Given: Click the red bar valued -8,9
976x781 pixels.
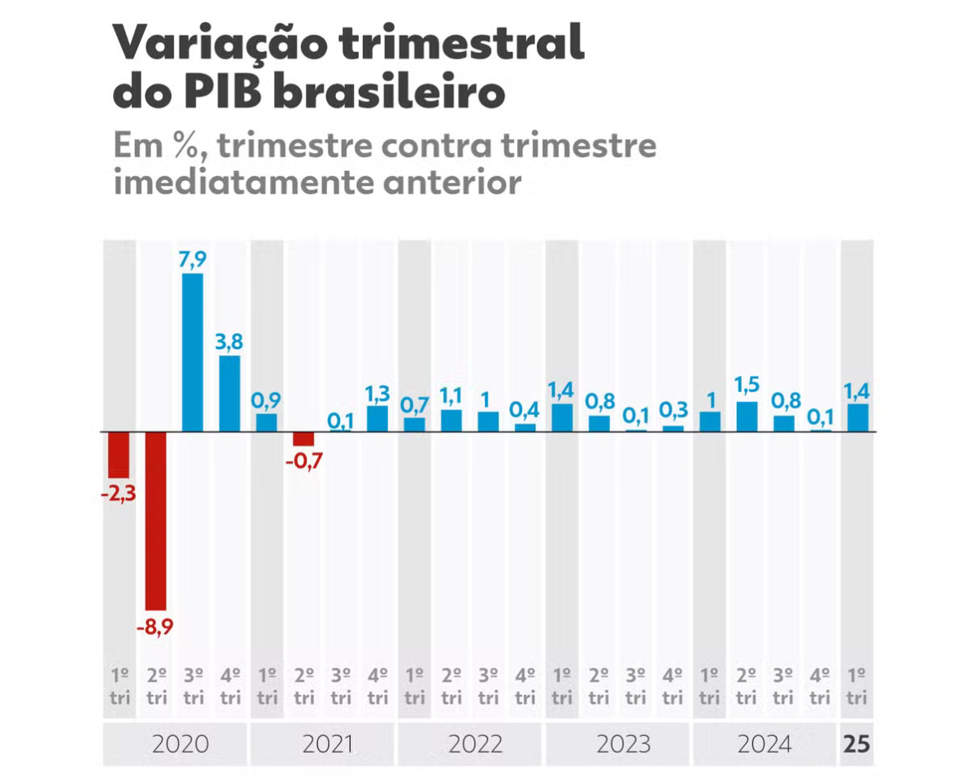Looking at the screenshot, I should tap(156, 521).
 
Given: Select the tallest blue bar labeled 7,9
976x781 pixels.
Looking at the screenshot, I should tap(193, 351).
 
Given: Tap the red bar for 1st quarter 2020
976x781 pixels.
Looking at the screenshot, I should tap(120, 454).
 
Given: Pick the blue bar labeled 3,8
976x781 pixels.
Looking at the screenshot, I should tap(230, 393).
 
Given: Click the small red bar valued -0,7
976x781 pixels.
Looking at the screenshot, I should tap(303, 438).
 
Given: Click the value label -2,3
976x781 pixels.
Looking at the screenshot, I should tap(120, 494).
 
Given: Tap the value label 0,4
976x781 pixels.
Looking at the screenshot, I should tap(525, 408).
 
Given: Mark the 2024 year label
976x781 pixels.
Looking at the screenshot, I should tap(765, 744).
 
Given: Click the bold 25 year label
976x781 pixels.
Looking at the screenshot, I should tap(856, 744).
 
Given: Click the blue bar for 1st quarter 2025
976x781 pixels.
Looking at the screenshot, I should tap(858, 417).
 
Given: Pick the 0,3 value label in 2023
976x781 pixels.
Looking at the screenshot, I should tap(673, 409).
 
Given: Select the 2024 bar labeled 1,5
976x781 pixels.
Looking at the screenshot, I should tap(747, 416).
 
